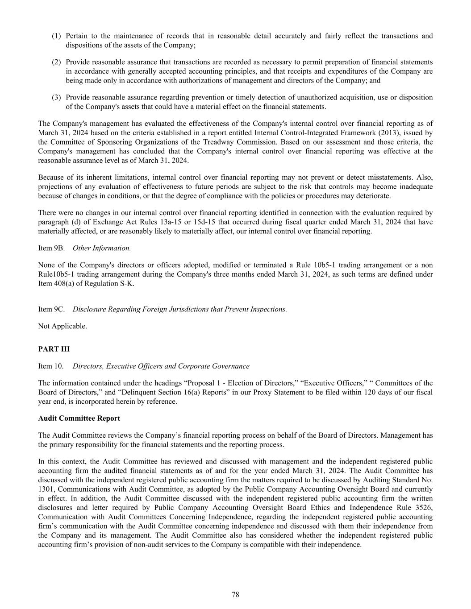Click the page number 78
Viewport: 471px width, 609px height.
[235, 594]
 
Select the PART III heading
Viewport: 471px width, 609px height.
[54, 349]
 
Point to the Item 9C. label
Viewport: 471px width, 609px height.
[51, 309]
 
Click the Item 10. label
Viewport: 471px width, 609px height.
[51, 366]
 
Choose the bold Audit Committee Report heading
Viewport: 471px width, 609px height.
[79, 418]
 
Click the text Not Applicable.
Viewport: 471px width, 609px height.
[63, 326]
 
